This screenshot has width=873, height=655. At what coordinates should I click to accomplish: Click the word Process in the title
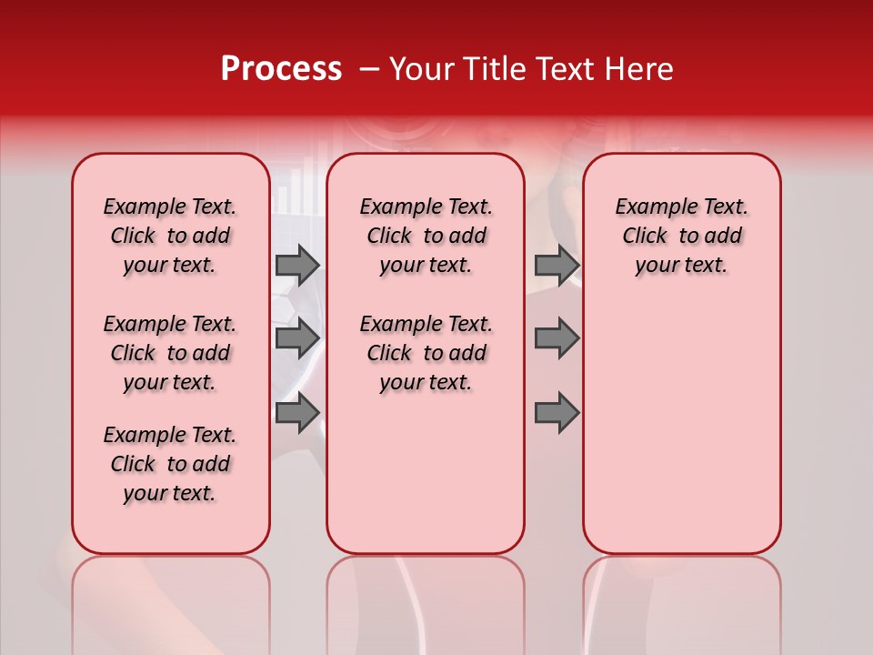pyautogui.click(x=280, y=69)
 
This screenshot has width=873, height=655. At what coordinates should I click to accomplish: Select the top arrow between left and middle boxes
pyautogui.click(x=297, y=265)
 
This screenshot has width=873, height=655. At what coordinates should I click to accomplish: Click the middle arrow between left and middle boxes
pyautogui.click(x=297, y=338)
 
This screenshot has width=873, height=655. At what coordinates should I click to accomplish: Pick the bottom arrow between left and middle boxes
pyautogui.click(x=297, y=412)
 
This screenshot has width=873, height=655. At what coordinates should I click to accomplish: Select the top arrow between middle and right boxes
pyautogui.click(x=557, y=265)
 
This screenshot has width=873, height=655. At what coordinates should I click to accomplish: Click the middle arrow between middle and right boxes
pyautogui.click(x=557, y=338)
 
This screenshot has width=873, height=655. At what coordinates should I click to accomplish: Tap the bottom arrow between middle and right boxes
pyautogui.click(x=557, y=412)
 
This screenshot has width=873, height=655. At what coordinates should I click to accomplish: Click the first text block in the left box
pyautogui.click(x=170, y=236)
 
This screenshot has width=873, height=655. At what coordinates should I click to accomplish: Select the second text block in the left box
pyautogui.click(x=170, y=353)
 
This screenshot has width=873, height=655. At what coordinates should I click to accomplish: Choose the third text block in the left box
pyautogui.click(x=170, y=464)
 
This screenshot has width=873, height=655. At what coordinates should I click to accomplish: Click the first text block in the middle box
pyautogui.click(x=426, y=236)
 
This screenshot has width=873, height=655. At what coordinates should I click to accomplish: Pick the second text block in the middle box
pyautogui.click(x=426, y=353)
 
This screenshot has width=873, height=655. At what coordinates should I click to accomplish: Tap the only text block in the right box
pyautogui.click(x=681, y=236)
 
